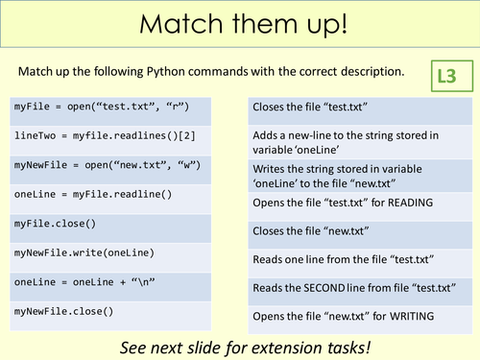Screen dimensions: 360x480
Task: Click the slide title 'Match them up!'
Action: (239, 25)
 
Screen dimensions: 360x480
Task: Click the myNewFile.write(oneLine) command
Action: (83, 253)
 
